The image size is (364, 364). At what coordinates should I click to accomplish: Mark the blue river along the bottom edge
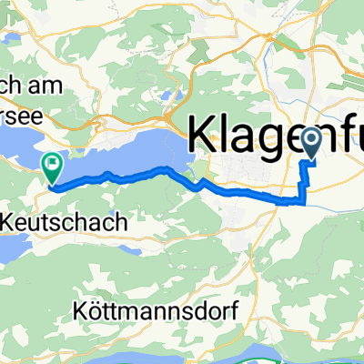click(x=273, y=358)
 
